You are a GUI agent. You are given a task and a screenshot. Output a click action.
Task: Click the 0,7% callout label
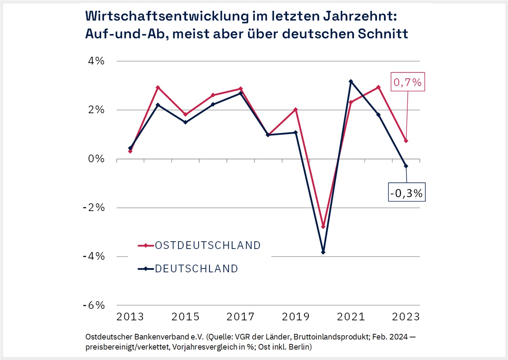pos(407,82)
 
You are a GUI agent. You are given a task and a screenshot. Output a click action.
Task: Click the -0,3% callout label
pos(407,193)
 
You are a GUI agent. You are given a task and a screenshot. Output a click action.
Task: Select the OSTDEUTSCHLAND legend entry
pos(207,245)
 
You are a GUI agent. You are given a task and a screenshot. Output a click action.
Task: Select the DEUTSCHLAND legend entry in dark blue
pos(196,269)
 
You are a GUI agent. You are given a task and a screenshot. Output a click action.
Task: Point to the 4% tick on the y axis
pos(96,61)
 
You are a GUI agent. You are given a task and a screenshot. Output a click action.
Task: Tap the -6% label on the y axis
pos(94,305)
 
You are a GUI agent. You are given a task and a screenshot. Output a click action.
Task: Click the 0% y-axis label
pos(96,159)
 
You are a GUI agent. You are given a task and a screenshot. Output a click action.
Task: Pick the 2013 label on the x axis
pos(130,317)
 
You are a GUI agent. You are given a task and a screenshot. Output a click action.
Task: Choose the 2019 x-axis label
pos(295,317)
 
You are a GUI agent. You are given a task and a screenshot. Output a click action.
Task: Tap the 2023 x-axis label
pos(406,317)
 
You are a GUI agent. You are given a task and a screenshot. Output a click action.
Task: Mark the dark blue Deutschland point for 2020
pos(323,252)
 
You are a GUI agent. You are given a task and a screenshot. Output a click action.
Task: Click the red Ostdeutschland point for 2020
pos(323,227)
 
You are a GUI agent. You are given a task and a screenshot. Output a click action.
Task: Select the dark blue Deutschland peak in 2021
pos(351,81)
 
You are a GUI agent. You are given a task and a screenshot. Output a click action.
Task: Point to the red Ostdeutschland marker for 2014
pos(158,87)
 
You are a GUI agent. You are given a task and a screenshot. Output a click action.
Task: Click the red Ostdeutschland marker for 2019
pos(295,110)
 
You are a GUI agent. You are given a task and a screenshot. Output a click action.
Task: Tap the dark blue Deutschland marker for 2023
pos(406,166)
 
